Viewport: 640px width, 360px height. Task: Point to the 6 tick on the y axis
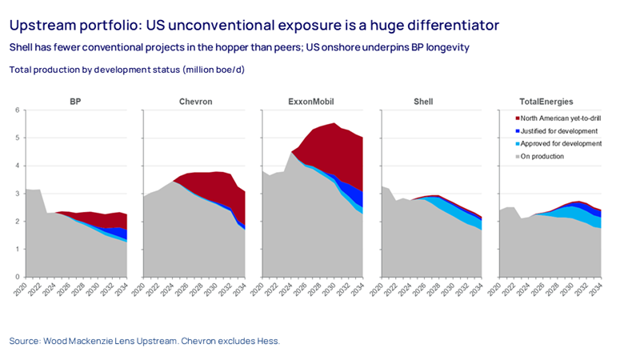click(17, 110)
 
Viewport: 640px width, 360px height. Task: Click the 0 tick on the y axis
click(17, 278)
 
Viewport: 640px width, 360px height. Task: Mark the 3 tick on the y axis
click(17, 194)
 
